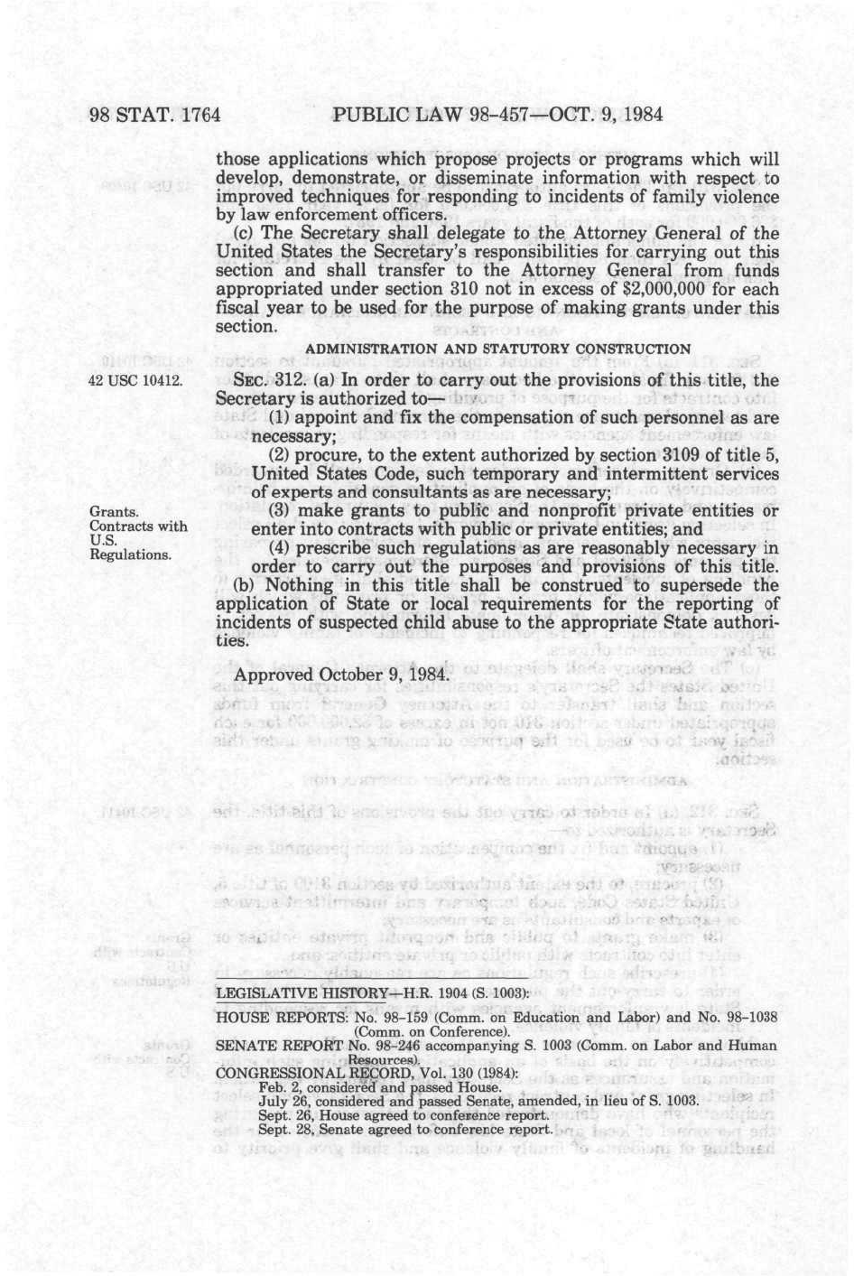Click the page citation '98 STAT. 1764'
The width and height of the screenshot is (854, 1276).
[x=154, y=115]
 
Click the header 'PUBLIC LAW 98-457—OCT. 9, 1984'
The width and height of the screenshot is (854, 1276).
[x=497, y=115]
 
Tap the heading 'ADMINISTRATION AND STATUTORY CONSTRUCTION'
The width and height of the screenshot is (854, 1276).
[x=498, y=349]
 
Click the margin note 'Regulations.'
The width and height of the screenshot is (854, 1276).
[x=130, y=554]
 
